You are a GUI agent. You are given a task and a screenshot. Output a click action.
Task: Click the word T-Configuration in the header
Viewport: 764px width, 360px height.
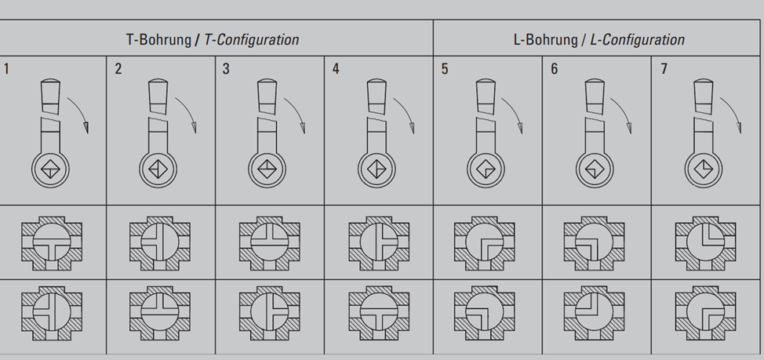click(x=252, y=39)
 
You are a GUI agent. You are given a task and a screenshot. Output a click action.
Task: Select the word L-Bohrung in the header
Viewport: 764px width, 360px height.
click(x=546, y=39)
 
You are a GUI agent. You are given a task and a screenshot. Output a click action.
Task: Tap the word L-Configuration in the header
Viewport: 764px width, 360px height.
click(x=637, y=39)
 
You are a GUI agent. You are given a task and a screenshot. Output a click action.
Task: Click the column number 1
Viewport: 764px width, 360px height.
click(x=6, y=69)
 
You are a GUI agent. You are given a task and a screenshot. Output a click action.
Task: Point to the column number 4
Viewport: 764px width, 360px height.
click(x=336, y=69)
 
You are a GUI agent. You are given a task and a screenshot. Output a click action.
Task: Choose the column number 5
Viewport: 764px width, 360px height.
click(x=445, y=69)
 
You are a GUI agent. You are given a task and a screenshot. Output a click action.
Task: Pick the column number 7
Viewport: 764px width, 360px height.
click(x=664, y=69)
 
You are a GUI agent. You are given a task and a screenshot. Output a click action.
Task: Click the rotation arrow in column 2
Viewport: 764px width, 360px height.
click(x=188, y=111)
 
